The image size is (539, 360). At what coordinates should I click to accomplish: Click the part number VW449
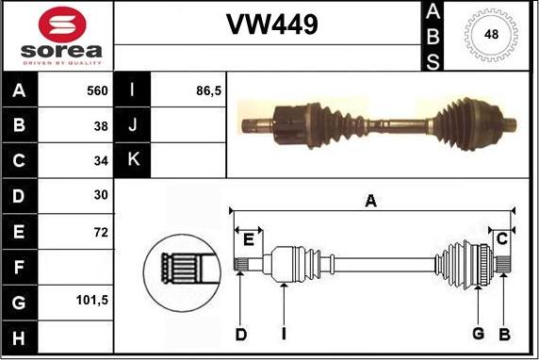tap(271, 25)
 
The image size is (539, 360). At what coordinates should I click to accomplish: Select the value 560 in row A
tap(97, 91)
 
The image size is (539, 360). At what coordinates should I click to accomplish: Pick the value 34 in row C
tap(101, 160)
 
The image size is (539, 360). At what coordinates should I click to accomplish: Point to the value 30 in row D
tap(101, 195)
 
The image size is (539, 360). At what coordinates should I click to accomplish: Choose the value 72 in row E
tap(101, 231)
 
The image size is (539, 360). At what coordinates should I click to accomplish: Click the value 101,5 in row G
tap(91, 302)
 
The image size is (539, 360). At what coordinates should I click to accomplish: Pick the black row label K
tap(132, 160)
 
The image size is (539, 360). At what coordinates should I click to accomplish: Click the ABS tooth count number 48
tap(491, 35)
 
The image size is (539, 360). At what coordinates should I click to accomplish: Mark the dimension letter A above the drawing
tap(370, 201)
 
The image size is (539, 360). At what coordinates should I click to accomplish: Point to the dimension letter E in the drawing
tap(248, 239)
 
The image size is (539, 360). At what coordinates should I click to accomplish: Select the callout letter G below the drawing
tap(478, 334)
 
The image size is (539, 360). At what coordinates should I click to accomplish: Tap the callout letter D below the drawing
tap(240, 334)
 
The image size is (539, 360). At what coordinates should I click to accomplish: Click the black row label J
tap(132, 125)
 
